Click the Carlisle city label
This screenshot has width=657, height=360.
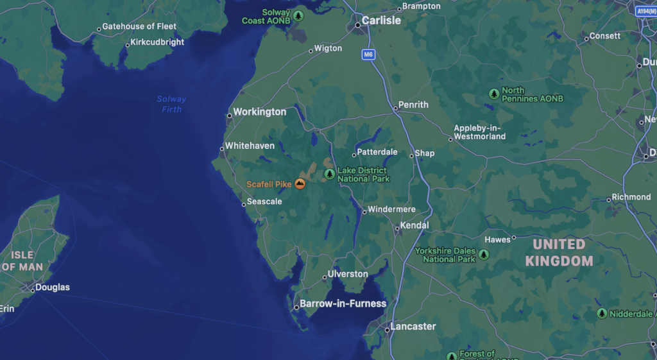pyautogui.click(x=381, y=21)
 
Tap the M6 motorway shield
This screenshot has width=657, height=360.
pyautogui.click(x=368, y=55)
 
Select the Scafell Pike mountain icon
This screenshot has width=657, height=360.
pyautogui.click(x=300, y=184)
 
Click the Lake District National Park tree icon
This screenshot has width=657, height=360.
pyautogui.click(x=330, y=174)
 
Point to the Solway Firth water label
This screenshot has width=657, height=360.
pyautogui.click(x=171, y=104)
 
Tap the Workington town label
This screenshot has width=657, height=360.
pyautogui.click(x=259, y=112)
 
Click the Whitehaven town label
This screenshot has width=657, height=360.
pyautogui.click(x=250, y=146)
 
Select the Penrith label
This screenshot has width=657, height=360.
pyautogui.click(x=413, y=105)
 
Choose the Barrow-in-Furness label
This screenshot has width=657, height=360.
pyautogui.click(x=343, y=304)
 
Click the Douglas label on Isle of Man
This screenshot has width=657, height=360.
pyautogui.click(x=53, y=287)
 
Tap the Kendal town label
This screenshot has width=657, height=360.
pyautogui.click(x=414, y=226)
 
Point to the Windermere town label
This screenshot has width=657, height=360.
pyautogui.click(x=391, y=209)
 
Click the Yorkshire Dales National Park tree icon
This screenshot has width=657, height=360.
pyautogui.click(x=483, y=255)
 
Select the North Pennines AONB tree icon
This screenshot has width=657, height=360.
pyautogui.click(x=493, y=94)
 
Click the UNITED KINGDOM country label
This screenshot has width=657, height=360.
pyautogui.click(x=559, y=252)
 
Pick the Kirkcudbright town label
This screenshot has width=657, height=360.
pyautogui.click(x=157, y=42)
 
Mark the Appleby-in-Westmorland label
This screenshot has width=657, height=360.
pyautogui.click(x=479, y=132)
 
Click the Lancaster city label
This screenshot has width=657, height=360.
pyautogui.click(x=413, y=327)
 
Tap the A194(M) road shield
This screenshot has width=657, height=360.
pyautogui.click(x=647, y=12)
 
